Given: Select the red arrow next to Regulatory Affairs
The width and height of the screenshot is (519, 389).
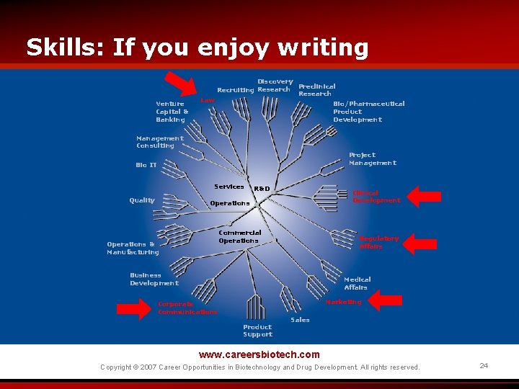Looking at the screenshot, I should coord(420,243).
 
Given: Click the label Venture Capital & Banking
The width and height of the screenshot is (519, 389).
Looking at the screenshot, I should coord(172,112).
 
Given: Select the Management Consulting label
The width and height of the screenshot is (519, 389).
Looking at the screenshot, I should coord(159,142).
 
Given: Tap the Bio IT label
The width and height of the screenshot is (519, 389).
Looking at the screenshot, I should coord(146,165).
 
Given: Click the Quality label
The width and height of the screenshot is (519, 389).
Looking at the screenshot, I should coord(141,200).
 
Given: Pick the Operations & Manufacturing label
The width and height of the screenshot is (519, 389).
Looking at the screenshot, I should coord(133,249).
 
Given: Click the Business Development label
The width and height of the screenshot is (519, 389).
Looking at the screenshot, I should coord(154,279).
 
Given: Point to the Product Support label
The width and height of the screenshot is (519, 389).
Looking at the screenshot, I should coord(257,331).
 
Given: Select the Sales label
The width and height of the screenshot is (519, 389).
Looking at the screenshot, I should coord(300,320).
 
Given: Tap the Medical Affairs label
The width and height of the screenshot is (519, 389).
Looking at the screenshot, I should coord(357,283).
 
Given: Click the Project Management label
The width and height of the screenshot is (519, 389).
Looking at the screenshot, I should coord(372,159).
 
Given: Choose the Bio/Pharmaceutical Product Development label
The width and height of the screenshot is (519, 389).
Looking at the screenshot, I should coord(368,112).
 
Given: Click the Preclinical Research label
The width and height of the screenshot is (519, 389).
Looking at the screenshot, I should coord(316,90).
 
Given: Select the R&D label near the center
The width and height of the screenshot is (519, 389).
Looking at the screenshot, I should coord(262,189).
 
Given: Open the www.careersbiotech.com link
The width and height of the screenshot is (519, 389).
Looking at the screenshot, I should coord(259,354).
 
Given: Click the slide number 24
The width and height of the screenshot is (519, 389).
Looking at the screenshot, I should coord(484,366).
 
